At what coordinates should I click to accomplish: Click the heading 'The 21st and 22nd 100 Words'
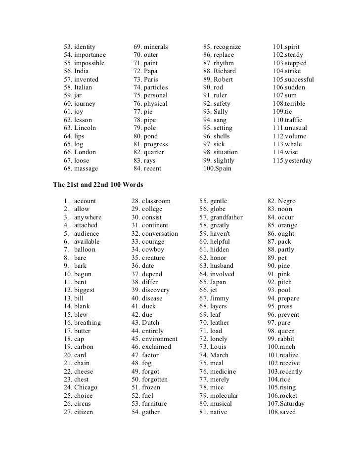coord(98,185)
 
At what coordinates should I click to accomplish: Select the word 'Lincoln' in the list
coord(85,128)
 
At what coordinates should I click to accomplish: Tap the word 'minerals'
coord(156,47)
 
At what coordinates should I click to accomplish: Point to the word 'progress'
coord(156,144)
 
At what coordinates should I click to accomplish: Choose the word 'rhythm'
coord(224,63)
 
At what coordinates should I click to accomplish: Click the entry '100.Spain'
coord(218,169)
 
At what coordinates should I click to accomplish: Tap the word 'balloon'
coord(85,250)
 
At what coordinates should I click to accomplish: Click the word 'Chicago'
coord(86,387)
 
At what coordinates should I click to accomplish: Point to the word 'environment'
coord(160,339)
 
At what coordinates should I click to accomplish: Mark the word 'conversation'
coord(160,233)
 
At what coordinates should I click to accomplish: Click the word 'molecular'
coord(224,396)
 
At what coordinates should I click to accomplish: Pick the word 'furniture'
coord(154,404)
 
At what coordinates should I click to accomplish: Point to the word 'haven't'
coord(221,233)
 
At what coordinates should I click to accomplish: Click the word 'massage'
coord(86,169)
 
